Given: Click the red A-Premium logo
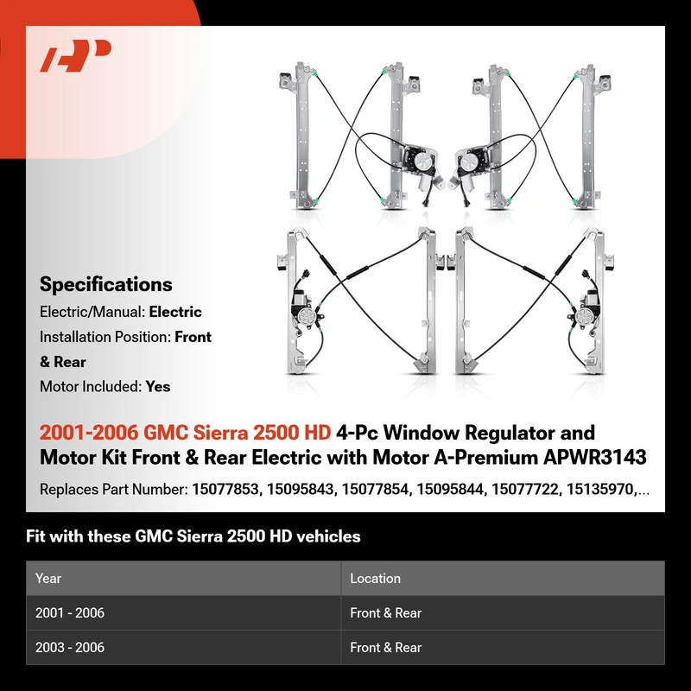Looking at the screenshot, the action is pos(75,55).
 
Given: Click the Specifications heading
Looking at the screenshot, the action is pos(105,284).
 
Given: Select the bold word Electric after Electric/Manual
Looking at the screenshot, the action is pos(175,312).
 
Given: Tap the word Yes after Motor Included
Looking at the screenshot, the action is pos(158,386).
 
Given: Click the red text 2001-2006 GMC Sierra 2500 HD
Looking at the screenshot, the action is pos(185,433).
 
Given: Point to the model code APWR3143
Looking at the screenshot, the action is pos(594,458).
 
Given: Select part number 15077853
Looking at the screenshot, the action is pos(225,489).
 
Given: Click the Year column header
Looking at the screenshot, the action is pos(48,578).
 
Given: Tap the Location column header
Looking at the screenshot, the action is pos(375,578).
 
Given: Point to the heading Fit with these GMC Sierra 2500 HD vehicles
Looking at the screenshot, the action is pos(193,536).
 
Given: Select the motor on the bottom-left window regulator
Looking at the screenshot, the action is pos(304,311).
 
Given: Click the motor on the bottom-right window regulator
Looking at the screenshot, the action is pos(586,311).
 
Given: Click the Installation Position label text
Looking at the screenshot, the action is pos(105,337).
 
